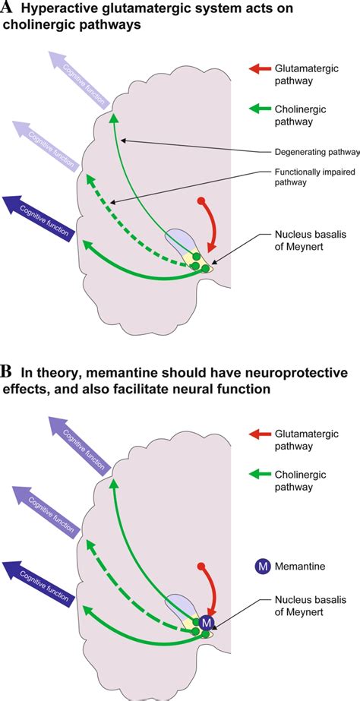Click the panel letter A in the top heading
point(8,9)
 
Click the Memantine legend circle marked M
point(263,566)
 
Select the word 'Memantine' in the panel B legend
point(307,566)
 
